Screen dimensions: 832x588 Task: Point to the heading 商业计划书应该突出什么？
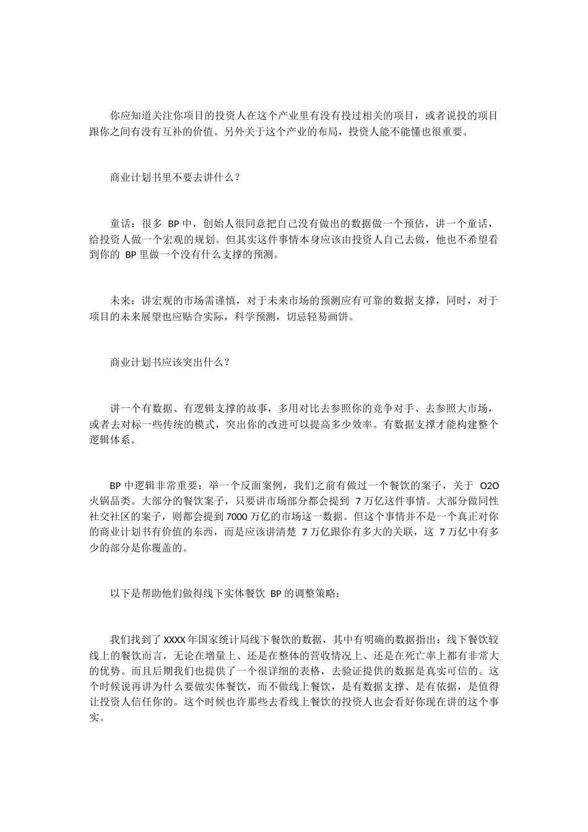coord(170,362)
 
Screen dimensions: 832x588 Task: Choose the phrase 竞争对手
coord(387,409)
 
